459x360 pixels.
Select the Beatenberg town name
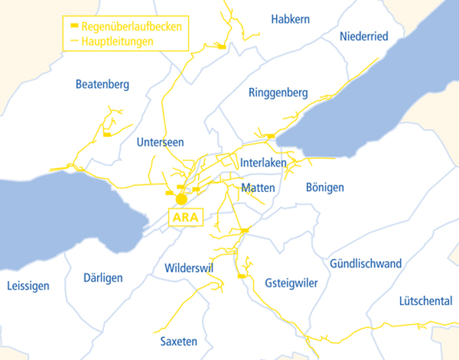pyautogui.click(x=103, y=84)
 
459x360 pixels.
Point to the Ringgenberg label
pyautogui.click(x=278, y=93)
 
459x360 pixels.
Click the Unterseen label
pyautogui.click(x=160, y=142)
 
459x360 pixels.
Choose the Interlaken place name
pyautogui.click(x=262, y=164)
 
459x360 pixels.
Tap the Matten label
pyautogui.click(x=257, y=187)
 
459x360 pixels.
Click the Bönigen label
pyautogui.click(x=324, y=187)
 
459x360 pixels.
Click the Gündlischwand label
pyautogui.click(x=366, y=264)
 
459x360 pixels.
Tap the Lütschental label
pyautogui.click(x=425, y=301)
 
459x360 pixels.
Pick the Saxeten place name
pyautogui.click(x=179, y=341)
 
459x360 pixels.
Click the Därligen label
pyautogui.click(x=103, y=278)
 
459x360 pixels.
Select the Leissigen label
pyautogui.click(x=28, y=286)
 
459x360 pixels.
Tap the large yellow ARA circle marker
pyautogui.click(x=181, y=199)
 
